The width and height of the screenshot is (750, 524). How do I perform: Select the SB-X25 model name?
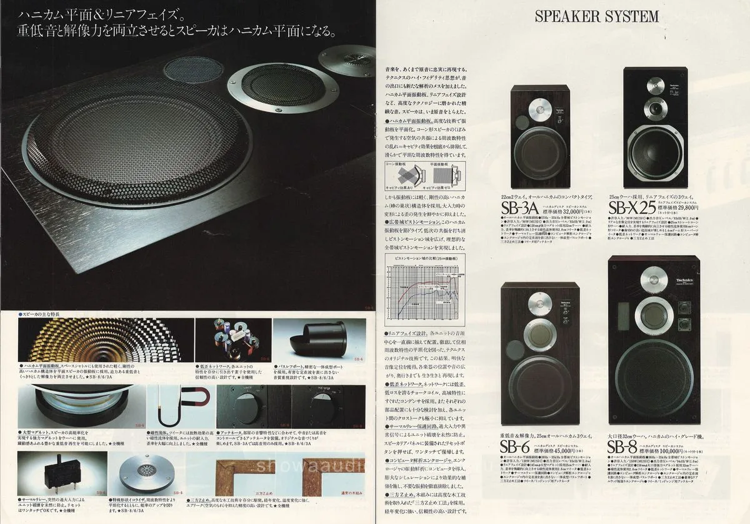tap(632, 207)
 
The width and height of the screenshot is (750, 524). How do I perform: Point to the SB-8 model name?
tap(624, 446)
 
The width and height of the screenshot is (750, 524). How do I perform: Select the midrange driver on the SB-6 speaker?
tap(536, 333)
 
